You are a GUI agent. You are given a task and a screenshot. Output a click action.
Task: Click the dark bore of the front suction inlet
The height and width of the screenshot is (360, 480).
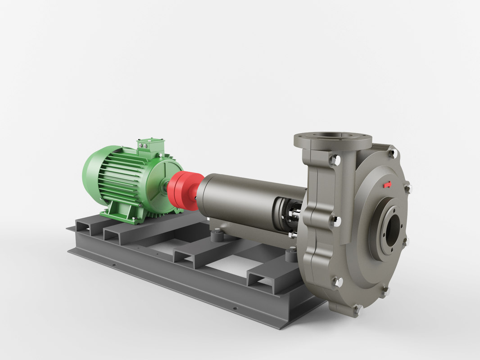pos(393,229)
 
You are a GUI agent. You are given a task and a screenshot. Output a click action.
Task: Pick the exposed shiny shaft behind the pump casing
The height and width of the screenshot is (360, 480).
pos(295,216)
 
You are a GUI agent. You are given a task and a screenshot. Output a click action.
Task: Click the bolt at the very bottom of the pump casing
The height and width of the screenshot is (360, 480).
pos(357,309)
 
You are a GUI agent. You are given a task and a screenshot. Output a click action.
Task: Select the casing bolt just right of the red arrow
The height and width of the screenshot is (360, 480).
pos(408,188)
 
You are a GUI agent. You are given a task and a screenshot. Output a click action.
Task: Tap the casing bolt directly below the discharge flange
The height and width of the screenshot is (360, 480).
pos(335,160)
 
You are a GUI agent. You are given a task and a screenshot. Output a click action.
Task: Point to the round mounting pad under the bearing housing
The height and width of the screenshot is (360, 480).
pos(217,234)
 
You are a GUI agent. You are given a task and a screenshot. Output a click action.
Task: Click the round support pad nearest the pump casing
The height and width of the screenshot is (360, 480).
pos(292,255)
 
